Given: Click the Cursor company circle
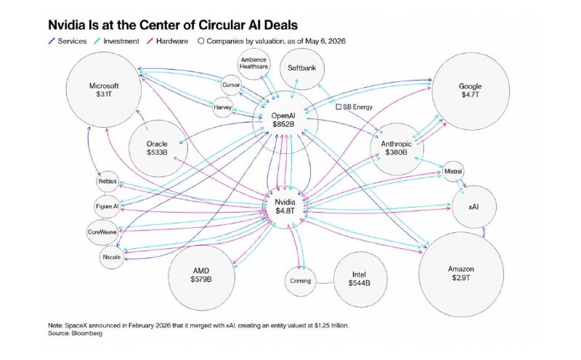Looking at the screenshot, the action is pos(231,85).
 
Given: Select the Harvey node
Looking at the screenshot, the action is pos(222,107).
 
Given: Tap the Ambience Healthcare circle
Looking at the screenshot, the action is pos(253,63).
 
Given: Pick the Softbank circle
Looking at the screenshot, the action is pos(302,68).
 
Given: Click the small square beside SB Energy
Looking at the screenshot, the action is pos(338,107).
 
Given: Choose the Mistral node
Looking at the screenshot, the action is pos(452,171).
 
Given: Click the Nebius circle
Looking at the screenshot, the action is pos(107,181).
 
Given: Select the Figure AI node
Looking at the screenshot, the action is pos(107,206).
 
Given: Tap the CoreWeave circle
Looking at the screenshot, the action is pos(102,232).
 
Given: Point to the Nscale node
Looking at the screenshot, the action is pos(112,257).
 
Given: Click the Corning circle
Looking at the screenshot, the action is pos(301,281).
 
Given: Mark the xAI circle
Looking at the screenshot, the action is pos(474,207).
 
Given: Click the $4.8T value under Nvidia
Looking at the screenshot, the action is pos(285,210).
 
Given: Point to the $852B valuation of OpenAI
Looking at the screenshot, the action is pos(283,124).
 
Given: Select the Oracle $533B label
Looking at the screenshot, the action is pos(157,148).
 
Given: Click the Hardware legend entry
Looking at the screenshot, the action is pos(168,41).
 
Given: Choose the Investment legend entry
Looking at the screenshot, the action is pos(117,41).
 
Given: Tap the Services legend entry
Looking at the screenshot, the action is pos(68,41).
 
